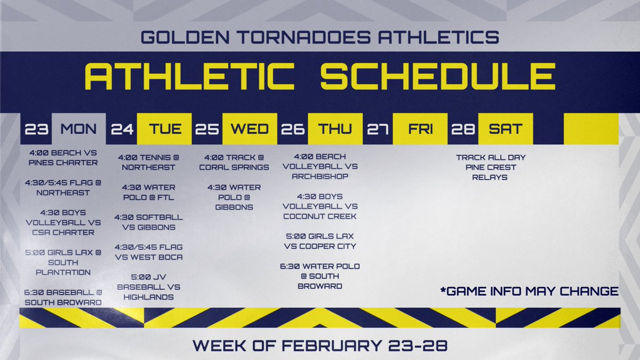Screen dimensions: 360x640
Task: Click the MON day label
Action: point(78,129)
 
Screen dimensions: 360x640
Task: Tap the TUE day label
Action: point(165,129)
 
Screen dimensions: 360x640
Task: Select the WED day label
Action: point(250,129)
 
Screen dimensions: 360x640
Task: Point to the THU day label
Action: point(335,129)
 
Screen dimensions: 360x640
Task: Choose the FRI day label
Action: point(420,129)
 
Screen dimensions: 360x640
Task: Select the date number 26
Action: point(292,129)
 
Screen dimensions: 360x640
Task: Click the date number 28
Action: point(463,129)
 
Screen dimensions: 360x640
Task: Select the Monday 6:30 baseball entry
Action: point(63,297)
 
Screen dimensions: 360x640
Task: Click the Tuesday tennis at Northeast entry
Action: point(148,162)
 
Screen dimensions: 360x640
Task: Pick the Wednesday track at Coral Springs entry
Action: point(234,162)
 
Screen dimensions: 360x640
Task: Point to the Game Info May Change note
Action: point(529,291)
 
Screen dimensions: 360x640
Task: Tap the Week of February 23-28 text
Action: point(320,345)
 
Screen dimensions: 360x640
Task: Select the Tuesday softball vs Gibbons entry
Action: point(148,222)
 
